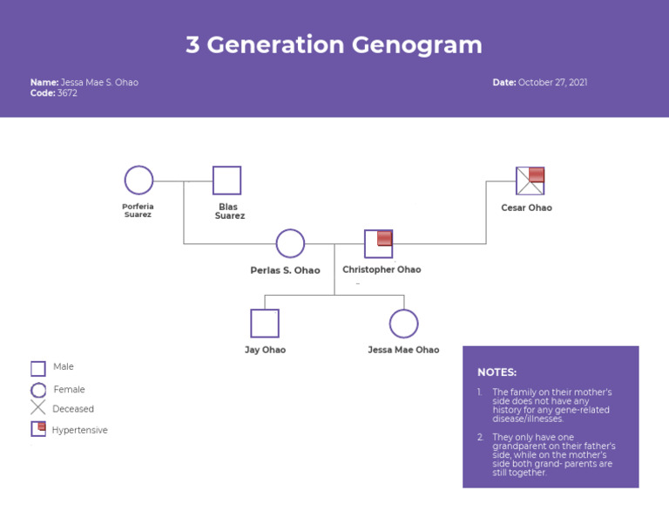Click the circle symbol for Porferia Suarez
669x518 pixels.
tap(139, 181)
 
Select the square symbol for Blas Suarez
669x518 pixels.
tap(226, 181)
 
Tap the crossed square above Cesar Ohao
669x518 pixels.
tap(530, 181)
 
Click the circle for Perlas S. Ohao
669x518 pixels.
tap(290, 244)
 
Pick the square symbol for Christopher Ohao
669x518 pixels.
tap(378, 244)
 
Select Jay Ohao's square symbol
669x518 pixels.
tap(265, 324)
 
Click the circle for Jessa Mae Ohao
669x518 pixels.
tap(403, 324)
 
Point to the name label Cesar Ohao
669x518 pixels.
tap(526, 208)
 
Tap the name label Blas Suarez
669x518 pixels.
tap(229, 211)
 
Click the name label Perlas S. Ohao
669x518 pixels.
tap(285, 270)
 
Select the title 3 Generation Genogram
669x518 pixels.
tap(334, 45)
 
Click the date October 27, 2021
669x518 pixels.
tap(552, 83)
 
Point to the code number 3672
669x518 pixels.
tap(67, 93)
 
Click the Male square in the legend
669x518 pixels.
tap(38, 369)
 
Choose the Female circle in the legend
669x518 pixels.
tap(38, 391)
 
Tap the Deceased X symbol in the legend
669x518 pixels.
tap(38, 408)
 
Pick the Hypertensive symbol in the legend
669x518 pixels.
tap(38, 429)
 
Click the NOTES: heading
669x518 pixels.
tap(497, 372)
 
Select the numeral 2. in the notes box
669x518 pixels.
tap(480, 438)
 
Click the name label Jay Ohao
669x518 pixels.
tap(265, 350)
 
